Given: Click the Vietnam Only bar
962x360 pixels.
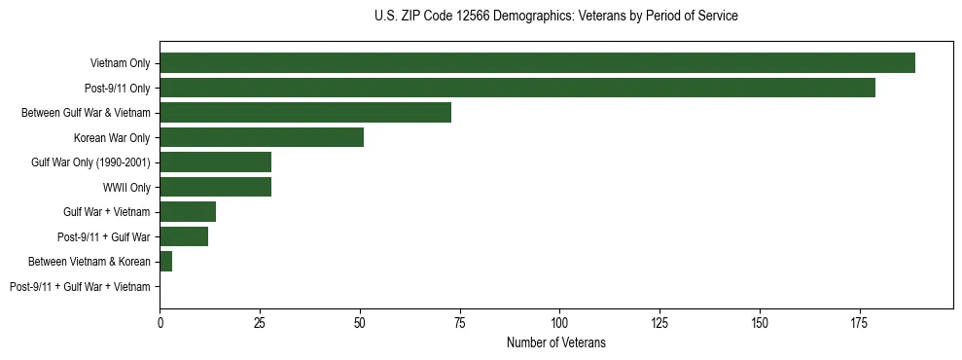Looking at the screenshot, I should pyautogui.click(x=537, y=63).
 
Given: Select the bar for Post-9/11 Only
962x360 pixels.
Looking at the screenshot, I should pyautogui.click(x=517, y=88).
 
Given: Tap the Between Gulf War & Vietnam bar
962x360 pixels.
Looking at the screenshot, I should pyautogui.click(x=305, y=113).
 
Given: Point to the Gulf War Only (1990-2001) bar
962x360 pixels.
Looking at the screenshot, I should pyautogui.click(x=215, y=162).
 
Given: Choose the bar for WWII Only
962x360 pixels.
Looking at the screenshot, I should pyautogui.click(x=215, y=187).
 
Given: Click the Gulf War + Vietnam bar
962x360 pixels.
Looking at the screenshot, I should pyautogui.click(x=188, y=212).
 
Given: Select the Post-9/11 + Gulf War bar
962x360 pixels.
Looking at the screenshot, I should pyautogui.click(x=184, y=236).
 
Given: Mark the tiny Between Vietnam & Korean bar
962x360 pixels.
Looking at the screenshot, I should pyautogui.click(x=165, y=262).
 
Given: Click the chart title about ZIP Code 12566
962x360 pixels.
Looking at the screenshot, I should pyautogui.click(x=555, y=17).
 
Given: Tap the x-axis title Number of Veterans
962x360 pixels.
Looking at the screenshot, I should pyautogui.click(x=555, y=342).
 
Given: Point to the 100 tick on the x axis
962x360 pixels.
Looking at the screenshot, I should pyautogui.click(x=559, y=320).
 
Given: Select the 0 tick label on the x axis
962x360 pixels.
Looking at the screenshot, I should pyautogui.click(x=160, y=320).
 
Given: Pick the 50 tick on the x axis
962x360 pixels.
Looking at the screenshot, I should pyautogui.click(x=360, y=320).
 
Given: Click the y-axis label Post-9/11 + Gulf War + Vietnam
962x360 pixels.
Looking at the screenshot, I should pyautogui.click(x=80, y=287).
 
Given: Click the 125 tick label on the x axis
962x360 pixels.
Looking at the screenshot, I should pyautogui.click(x=659, y=320).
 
